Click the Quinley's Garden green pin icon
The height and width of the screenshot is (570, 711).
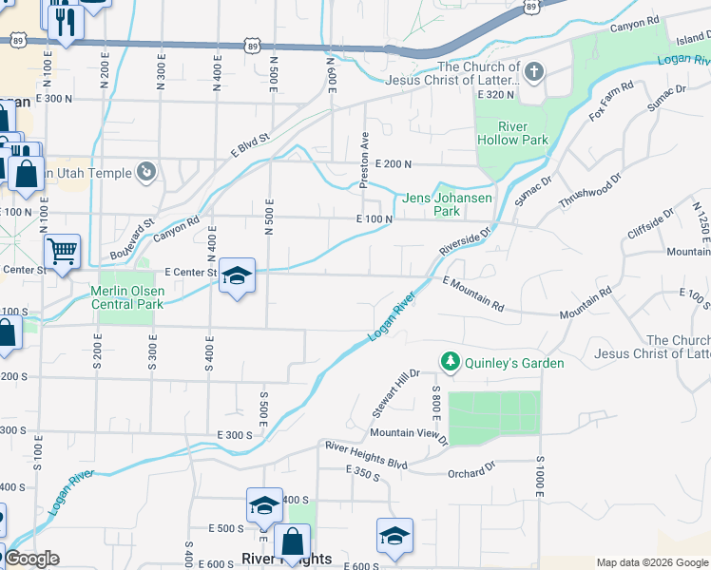(x=448, y=362)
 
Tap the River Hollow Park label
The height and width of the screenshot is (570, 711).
(x=511, y=133)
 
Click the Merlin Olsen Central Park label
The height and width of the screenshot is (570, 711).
(x=127, y=297)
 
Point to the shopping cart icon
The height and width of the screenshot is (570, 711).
(x=63, y=252)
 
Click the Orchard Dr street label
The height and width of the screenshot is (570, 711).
(x=473, y=466)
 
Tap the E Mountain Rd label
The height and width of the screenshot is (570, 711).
(x=473, y=294)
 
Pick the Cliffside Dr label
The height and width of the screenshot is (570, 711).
(x=649, y=224)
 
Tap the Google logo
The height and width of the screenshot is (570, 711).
(x=30, y=559)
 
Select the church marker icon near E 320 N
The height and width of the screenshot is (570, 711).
(x=534, y=71)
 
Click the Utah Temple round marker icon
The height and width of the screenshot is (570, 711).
(x=145, y=172)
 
